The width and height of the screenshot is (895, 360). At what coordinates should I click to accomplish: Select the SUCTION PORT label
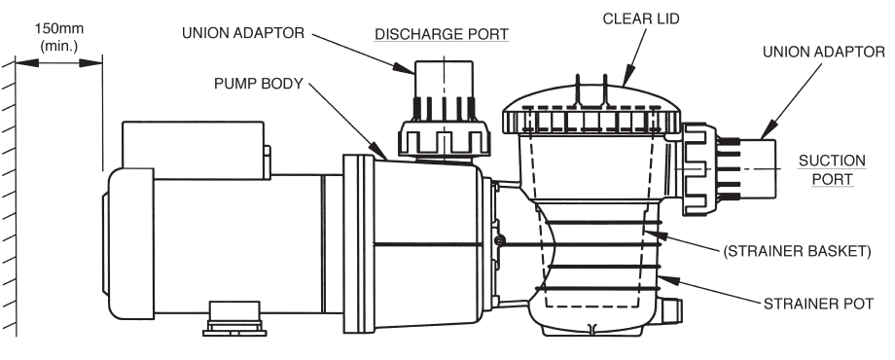point(825,171)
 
